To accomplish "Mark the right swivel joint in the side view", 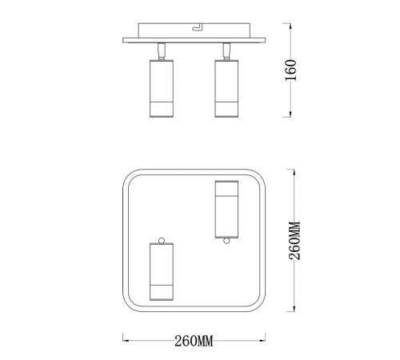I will click(226, 51).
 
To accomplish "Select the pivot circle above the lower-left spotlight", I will click(162, 239).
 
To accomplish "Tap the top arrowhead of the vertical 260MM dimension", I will click(292, 170).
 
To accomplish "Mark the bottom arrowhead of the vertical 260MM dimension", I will click(292, 310).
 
